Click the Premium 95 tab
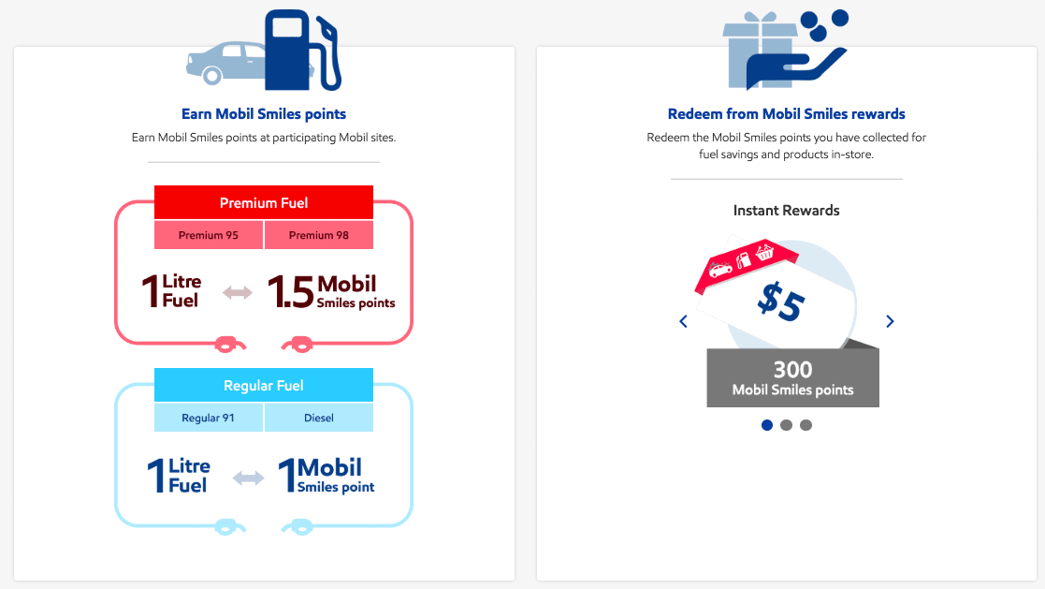[209, 235]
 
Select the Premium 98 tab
[319, 235]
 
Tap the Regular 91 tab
[209, 418]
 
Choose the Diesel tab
[319, 418]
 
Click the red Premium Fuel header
[263, 202]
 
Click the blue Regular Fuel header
[263, 385]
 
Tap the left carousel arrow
[683, 321]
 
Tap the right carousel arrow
[890, 321]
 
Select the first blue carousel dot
[767, 425]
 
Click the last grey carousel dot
[806, 425]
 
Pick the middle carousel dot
[787, 425]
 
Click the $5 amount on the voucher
[781, 302]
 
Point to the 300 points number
[792, 370]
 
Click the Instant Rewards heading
[786, 211]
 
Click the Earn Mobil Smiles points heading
[264, 114]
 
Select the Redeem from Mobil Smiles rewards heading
[786, 114]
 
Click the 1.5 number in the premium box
[290, 292]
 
